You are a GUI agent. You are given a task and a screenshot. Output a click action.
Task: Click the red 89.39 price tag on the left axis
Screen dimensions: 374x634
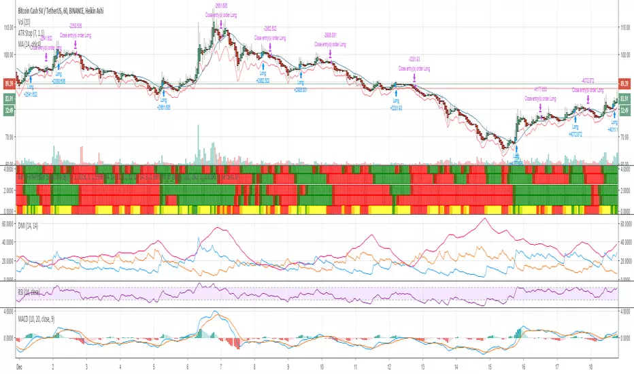[x=10, y=83]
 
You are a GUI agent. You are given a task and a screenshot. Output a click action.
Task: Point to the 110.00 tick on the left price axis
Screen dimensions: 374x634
[x=9, y=29]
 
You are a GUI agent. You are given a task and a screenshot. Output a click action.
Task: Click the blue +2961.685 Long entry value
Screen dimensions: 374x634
[x=163, y=107]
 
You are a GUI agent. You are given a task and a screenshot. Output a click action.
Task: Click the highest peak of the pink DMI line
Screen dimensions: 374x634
[x=483, y=219]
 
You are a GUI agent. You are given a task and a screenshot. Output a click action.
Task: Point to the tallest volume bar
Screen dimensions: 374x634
[x=201, y=147]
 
